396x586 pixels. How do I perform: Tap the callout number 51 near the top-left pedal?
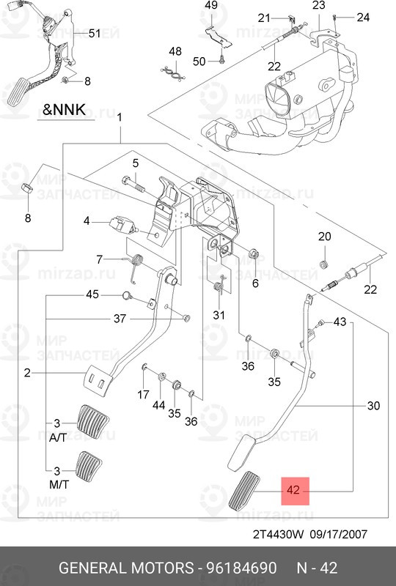click(94, 33)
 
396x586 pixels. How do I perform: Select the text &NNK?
click(65, 111)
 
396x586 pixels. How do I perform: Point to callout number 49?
click(211, 6)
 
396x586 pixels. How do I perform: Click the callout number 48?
click(175, 51)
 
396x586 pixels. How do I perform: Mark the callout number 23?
click(318, 6)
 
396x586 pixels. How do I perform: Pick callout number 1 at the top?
click(120, 118)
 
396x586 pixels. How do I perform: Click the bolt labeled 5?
click(129, 180)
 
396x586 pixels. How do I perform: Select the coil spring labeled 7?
click(136, 264)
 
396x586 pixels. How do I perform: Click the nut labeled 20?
click(324, 262)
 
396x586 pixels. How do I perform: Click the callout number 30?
click(373, 405)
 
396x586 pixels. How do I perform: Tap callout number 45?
click(92, 294)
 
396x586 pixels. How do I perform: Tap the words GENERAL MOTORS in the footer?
click(125, 568)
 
